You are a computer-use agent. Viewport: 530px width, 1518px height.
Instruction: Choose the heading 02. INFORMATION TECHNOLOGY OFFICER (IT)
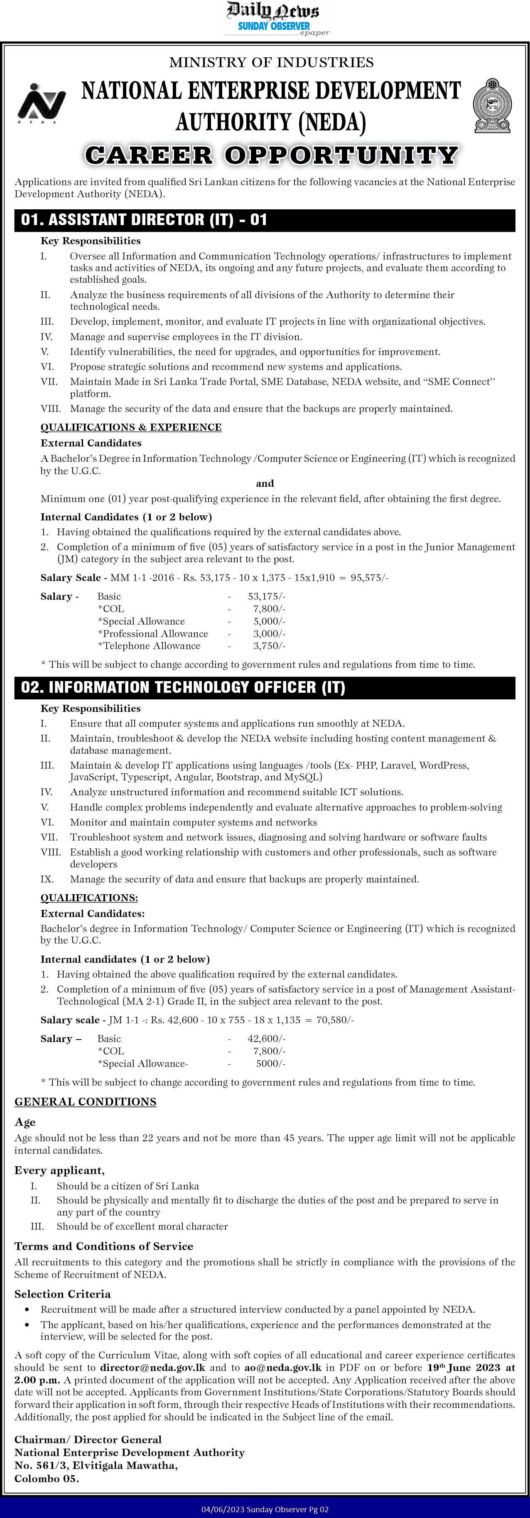click(x=183, y=687)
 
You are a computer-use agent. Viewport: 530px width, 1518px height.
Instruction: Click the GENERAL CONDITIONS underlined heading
click(x=86, y=1101)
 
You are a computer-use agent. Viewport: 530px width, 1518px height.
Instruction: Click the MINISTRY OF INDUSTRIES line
click(x=271, y=62)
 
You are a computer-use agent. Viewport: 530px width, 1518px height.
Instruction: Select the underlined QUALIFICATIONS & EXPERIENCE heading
click(x=131, y=427)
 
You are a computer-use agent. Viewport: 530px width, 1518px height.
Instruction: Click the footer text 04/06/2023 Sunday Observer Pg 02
click(x=265, y=1510)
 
